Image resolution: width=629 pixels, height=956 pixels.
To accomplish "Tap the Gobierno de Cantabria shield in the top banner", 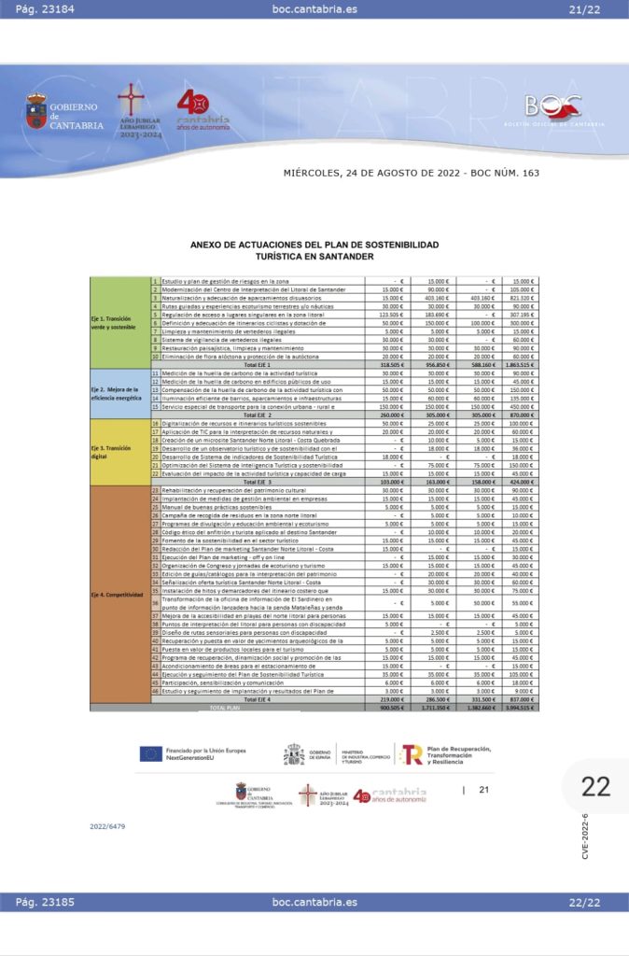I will tap(36, 111).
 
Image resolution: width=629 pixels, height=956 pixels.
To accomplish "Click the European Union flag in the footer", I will tap(150, 753).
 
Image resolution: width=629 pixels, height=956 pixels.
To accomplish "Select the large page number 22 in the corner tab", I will tap(595, 787).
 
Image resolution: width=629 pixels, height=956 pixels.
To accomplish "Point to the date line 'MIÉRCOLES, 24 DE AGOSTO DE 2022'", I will tap(391, 173).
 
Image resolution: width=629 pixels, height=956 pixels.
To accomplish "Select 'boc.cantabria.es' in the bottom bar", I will tap(314, 903).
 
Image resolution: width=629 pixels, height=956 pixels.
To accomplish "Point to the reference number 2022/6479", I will tap(107, 826).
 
